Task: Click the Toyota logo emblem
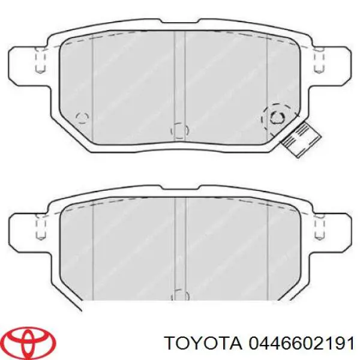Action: tap(28, 342)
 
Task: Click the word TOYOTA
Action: tap(203, 343)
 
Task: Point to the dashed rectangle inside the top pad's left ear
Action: tap(41, 60)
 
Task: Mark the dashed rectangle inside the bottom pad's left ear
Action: tap(41, 227)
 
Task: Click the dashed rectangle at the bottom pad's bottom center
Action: tap(179, 295)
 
